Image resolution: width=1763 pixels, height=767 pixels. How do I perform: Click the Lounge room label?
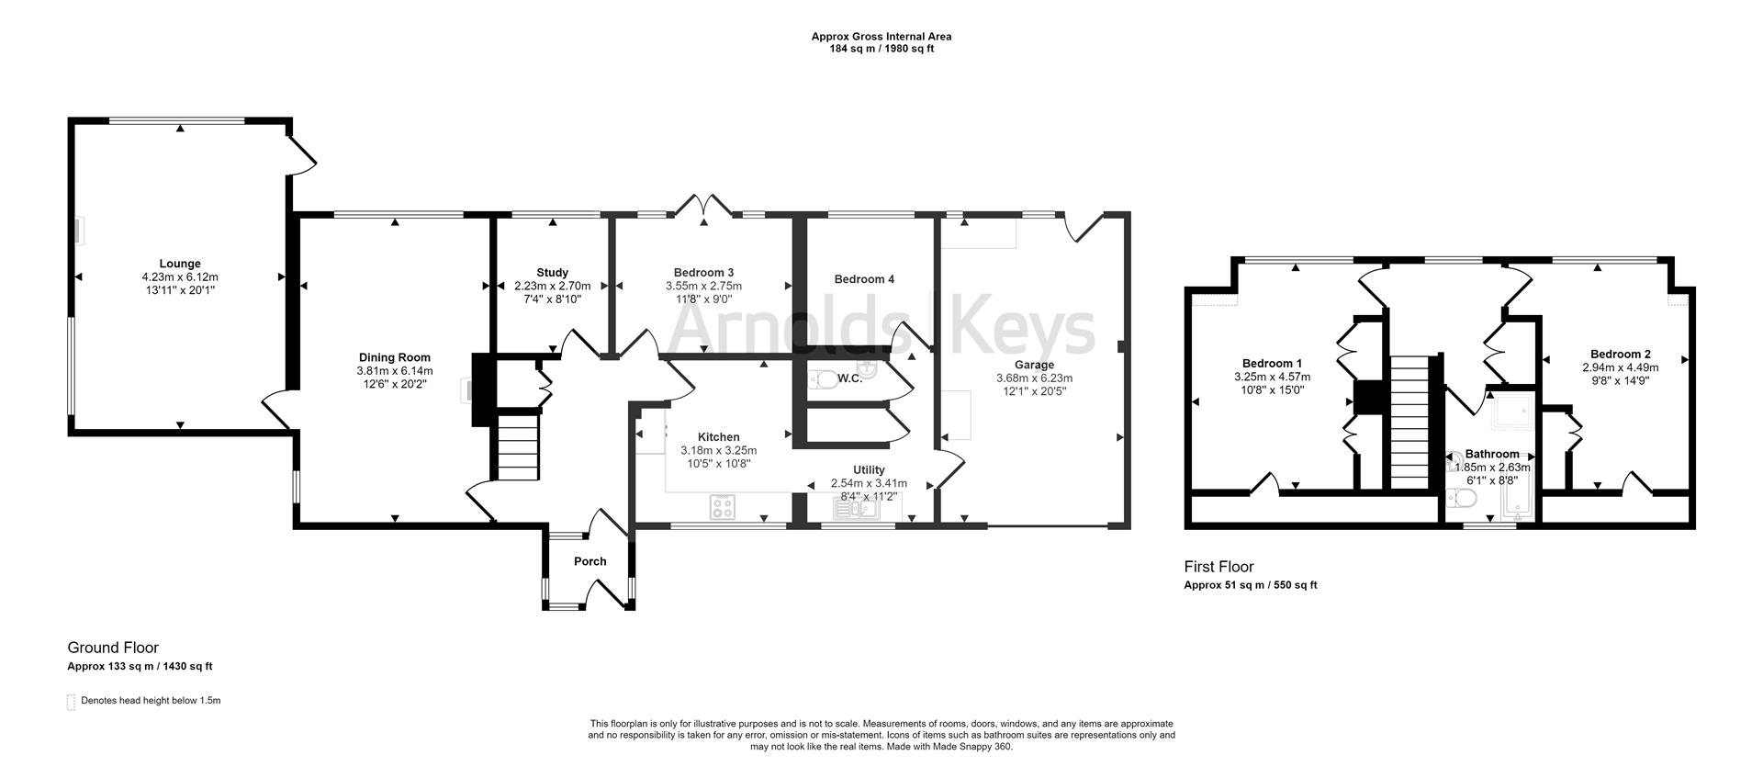tap(180, 264)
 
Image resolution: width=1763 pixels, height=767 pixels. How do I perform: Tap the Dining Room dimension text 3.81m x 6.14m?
tap(394, 371)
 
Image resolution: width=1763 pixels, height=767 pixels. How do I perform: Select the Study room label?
tap(553, 273)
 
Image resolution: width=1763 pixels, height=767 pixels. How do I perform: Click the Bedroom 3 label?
tap(703, 273)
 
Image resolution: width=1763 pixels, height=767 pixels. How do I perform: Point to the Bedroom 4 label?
tap(864, 279)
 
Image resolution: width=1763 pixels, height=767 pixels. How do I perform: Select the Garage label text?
tap(1034, 365)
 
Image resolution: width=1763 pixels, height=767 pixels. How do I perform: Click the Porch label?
tap(590, 561)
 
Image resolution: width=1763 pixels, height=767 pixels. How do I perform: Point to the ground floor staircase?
tap(518, 447)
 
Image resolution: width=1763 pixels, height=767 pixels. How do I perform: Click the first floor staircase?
tap(1410, 423)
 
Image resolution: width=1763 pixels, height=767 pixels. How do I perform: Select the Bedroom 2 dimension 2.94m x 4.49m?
tap(1621, 367)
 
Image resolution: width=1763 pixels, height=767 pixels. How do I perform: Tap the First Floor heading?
tap(1218, 567)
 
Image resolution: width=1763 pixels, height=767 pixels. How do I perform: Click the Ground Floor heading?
tap(113, 648)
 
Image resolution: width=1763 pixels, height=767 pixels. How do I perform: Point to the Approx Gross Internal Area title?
tap(881, 37)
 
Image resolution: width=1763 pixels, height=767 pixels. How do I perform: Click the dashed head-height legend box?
tap(71, 702)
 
